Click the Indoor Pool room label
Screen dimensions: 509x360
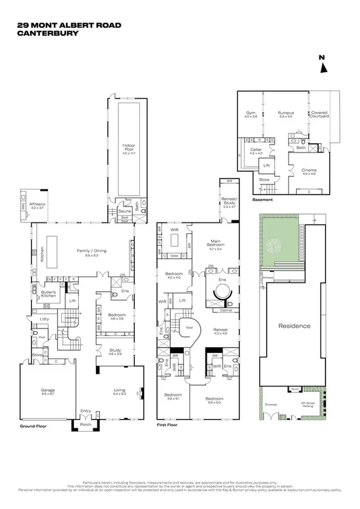pos(129,147)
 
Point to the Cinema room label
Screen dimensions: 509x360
pos(309,172)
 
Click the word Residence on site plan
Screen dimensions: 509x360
pos(294,326)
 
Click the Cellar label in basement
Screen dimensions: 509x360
pos(256,150)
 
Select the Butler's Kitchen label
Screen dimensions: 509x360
pos(49,293)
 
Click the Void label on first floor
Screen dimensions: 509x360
pos(189,327)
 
